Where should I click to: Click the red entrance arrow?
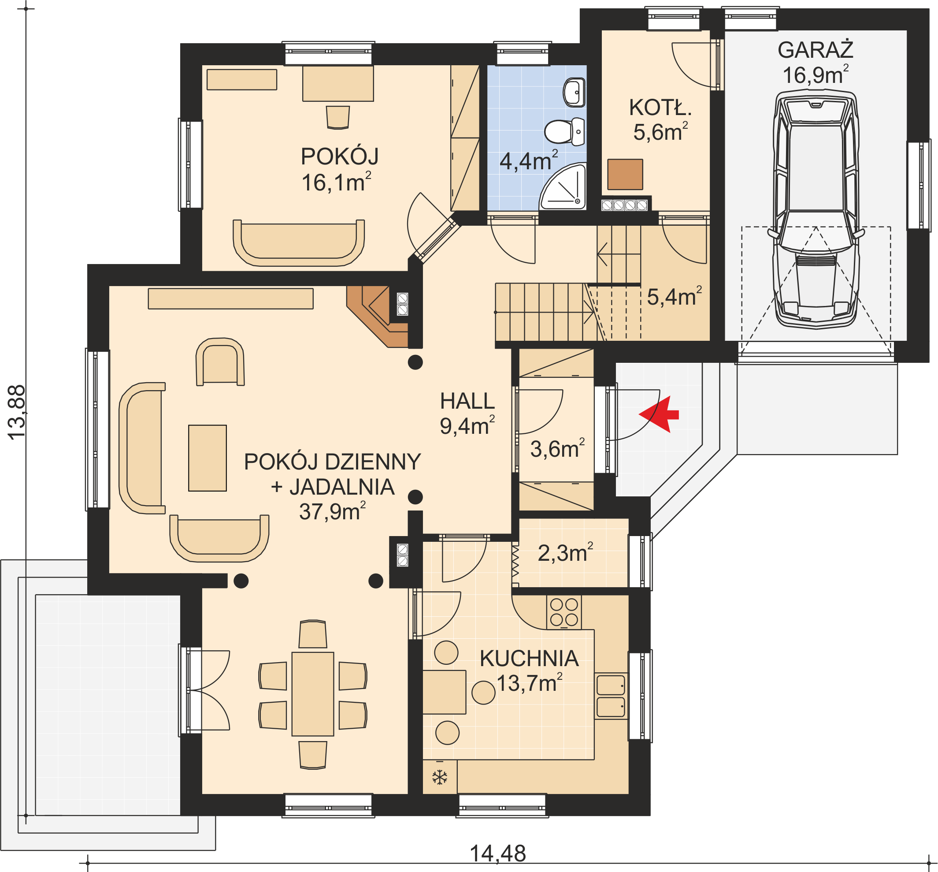(x=659, y=414)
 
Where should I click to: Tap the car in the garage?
(x=816, y=209)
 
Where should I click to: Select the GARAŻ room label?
(x=816, y=50)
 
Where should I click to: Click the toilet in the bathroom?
(x=564, y=131)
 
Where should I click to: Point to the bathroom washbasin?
(x=574, y=92)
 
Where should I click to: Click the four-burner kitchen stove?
(x=564, y=612)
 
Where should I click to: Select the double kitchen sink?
(x=611, y=696)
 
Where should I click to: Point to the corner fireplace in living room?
(x=377, y=316)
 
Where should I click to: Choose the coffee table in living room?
(x=208, y=458)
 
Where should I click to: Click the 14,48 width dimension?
(x=498, y=853)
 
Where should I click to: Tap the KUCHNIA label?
(x=529, y=659)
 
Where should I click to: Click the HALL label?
(x=467, y=401)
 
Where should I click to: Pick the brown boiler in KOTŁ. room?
(x=625, y=174)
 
